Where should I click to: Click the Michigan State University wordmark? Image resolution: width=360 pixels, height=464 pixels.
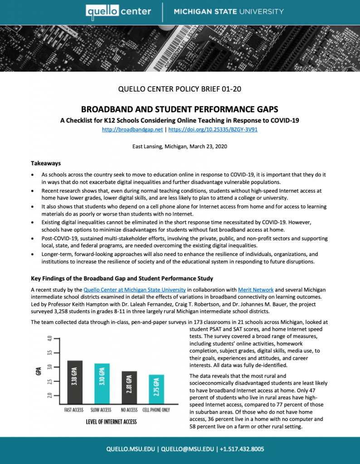click(229, 11)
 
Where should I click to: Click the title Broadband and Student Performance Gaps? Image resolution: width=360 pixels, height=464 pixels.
click(180, 110)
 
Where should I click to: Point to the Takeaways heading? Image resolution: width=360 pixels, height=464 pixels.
click(46, 163)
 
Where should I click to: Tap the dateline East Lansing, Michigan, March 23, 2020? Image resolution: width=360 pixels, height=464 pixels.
click(180, 147)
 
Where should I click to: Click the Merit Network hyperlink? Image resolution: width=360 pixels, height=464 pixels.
click(248, 290)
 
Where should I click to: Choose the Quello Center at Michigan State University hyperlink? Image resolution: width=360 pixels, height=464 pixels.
click(134, 290)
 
